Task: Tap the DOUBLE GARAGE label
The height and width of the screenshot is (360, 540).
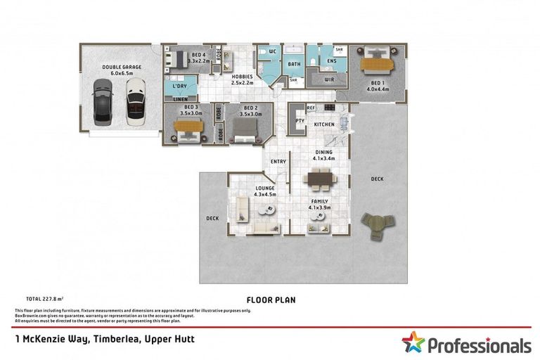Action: point(122,67)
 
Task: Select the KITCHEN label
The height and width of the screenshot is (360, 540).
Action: point(324,124)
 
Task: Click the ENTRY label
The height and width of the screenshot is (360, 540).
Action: point(278,162)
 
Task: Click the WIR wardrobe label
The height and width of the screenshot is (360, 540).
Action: point(328,79)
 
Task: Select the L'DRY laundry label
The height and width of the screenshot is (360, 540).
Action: point(179,86)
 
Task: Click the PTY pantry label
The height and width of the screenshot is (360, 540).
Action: point(300,120)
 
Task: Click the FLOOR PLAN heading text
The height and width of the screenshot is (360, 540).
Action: point(270,300)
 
